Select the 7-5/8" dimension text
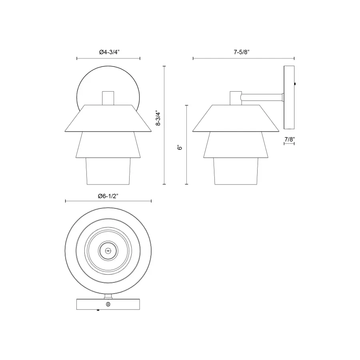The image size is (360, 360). click(x=243, y=52)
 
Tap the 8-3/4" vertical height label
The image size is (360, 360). click(x=159, y=118)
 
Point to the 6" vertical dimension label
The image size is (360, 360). click(x=180, y=147)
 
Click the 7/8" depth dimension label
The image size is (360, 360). click(x=289, y=139)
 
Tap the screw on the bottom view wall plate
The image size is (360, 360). click(x=108, y=304)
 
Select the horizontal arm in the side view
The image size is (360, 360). click(x=262, y=96)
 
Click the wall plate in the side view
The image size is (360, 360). click(x=289, y=97)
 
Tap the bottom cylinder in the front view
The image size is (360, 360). click(x=108, y=171)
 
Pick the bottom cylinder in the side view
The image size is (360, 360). click(x=236, y=171)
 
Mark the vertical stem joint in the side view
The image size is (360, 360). click(x=235, y=98)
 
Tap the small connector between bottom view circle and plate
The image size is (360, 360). click(x=108, y=296)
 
